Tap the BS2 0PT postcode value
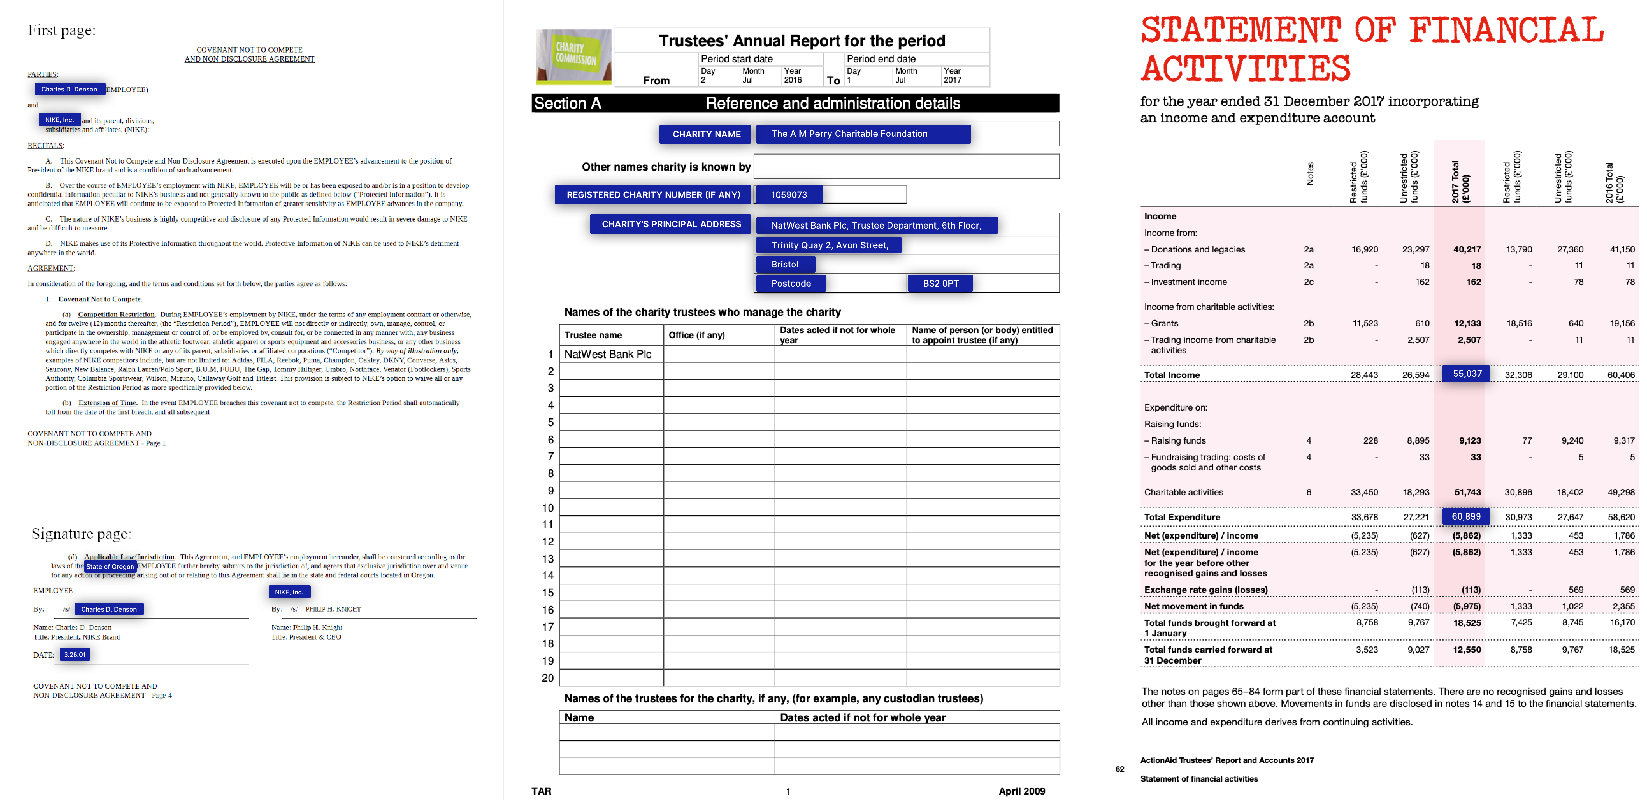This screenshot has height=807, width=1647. (x=940, y=283)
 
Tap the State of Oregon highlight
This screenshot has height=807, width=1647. (x=110, y=567)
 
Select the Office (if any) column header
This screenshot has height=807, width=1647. (x=696, y=335)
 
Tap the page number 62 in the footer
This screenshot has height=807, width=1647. (x=1119, y=769)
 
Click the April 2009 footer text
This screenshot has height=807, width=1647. (x=1022, y=791)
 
